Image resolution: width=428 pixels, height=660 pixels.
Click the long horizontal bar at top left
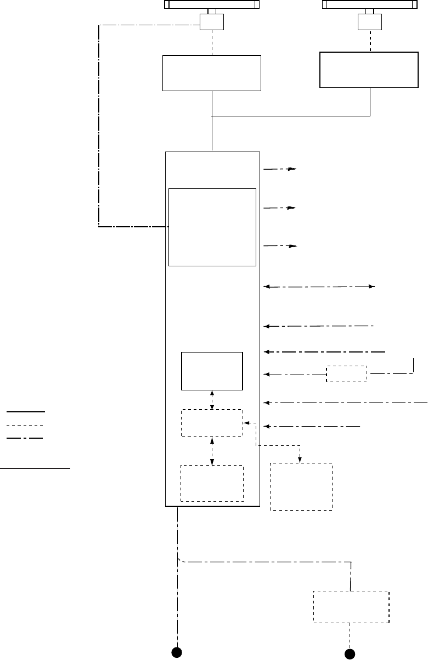pos(212,5)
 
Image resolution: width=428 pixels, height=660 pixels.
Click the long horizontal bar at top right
pos(369,5)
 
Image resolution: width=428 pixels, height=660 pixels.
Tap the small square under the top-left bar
pos(211,22)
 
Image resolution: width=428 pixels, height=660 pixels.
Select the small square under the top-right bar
pos(369,22)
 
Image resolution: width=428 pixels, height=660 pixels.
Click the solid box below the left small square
pos(212,72)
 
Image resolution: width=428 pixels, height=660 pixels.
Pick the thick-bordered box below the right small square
pos(369,69)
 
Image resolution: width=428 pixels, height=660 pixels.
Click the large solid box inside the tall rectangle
pos(212,227)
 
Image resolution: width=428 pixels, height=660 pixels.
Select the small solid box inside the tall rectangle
pos(212,371)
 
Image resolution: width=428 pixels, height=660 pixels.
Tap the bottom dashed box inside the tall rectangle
pos(212,483)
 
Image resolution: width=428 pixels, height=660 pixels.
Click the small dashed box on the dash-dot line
pos(346,373)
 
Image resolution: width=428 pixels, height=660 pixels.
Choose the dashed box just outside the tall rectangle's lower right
pos(301,486)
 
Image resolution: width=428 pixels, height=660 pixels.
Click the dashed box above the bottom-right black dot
pos(351,607)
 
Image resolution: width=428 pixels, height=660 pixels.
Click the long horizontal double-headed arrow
pos(319,287)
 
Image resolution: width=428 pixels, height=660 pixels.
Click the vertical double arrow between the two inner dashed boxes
pos(212,451)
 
